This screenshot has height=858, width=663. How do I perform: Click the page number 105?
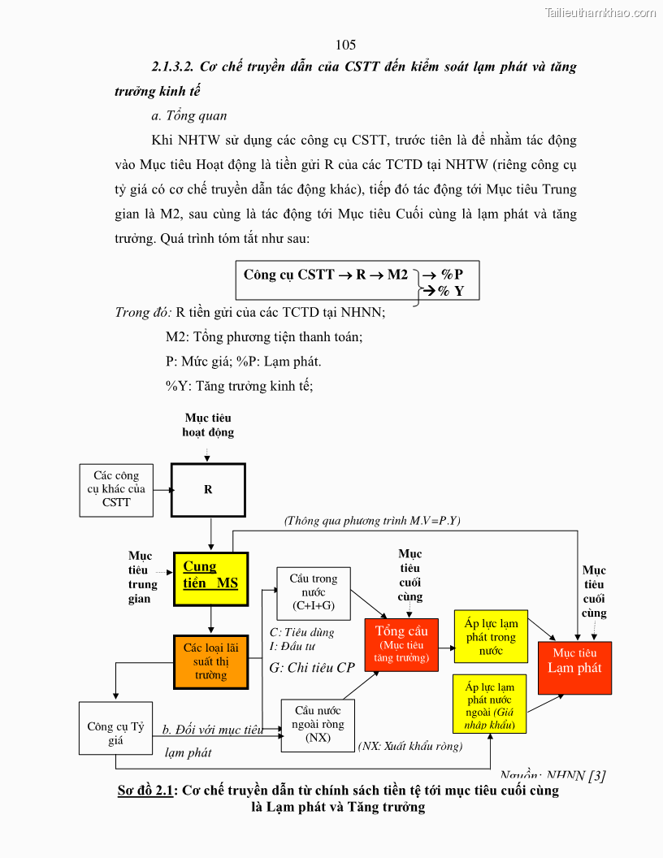[x=345, y=45]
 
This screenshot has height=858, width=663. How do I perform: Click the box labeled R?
[x=208, y=490]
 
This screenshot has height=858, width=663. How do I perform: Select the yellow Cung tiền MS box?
[x=210, y=578]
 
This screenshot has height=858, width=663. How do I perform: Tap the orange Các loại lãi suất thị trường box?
[x=210, y=661]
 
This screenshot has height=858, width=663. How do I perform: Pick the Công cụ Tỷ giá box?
[x=115, y=728]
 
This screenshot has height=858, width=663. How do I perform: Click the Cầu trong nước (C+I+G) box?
[x=313, y=593]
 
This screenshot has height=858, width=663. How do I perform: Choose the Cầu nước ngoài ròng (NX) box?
[x=318, y=724]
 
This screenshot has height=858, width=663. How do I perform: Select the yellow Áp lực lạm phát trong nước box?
[x=491, y=636]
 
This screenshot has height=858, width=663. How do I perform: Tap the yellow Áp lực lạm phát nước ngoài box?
[x=490, y=705]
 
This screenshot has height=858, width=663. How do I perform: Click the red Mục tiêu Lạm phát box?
[x=574, y=667]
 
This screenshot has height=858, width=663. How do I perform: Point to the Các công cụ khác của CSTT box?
[x=116, y=490]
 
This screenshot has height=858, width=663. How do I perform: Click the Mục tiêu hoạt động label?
[x=208, y=425]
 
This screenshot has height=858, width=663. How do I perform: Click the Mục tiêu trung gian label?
[x=140, y=578]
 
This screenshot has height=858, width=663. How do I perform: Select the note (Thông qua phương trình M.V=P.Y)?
[x=372, y=521]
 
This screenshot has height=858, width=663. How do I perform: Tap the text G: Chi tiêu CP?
[x=312, y=668]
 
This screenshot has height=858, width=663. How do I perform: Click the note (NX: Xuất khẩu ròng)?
[x=410, y=746]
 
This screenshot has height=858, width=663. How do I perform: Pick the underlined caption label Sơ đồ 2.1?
[x=146, y=791]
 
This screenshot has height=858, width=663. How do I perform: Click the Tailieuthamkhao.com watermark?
[x=600, y=12]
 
